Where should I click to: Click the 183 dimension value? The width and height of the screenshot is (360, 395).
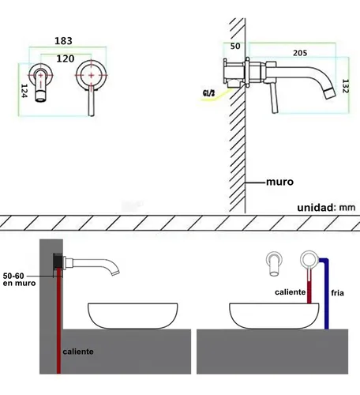click(63, 41)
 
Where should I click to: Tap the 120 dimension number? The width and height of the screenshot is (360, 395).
click(66, 58)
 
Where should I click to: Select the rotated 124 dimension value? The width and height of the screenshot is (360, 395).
click(24, 91)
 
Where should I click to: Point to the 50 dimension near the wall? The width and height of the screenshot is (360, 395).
click(235, 46)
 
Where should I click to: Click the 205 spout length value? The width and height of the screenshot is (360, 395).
click(300, 53)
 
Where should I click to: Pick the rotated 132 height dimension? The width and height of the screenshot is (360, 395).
click(345, 86)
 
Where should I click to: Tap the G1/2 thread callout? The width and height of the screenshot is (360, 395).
click(208, 93)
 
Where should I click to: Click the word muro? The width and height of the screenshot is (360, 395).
click(279, 182)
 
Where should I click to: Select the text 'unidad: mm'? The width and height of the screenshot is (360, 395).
click(326, 208)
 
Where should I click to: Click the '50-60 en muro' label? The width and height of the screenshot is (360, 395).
click(19, 280)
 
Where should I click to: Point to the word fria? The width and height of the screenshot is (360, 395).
click(337, 292)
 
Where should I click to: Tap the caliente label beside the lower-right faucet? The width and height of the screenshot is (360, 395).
click(290, 292)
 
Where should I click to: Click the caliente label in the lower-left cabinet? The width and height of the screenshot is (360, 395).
click(78, 352)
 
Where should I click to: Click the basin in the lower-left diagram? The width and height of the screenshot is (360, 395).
click(133, 316)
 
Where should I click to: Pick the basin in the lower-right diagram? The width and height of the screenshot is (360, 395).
click(274, 316)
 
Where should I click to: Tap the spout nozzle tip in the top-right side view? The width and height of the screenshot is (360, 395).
click(330, 94)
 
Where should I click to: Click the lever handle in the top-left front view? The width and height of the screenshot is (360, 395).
click(91, 100)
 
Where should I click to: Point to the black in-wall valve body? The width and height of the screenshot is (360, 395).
click(58, 261)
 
